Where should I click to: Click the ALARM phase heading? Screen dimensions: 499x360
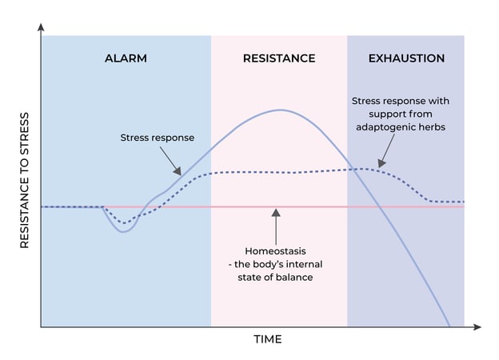pyautogui.click(x=126, y=58)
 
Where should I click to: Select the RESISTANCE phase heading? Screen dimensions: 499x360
pyautogui.click(x=279, y=58)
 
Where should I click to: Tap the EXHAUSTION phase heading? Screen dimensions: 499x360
pyautogui.click(x=406, y=58)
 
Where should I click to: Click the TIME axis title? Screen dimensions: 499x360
pyautogui.click(x=268, y=339)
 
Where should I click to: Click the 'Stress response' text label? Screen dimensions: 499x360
pyautogui.click(x=157, y=138)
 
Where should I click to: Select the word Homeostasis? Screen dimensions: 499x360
pyautogui.click(x=275, y=250)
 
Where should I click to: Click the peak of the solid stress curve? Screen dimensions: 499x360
pyautogui.click(x=281, y=110)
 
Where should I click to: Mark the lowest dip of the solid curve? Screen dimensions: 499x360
pyautogui.click(x=122, y=232)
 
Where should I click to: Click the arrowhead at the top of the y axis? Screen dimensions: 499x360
pyautogui.click(x=41, y=27)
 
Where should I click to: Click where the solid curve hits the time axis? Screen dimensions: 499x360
pyautogui.click(x=450, y=326)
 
